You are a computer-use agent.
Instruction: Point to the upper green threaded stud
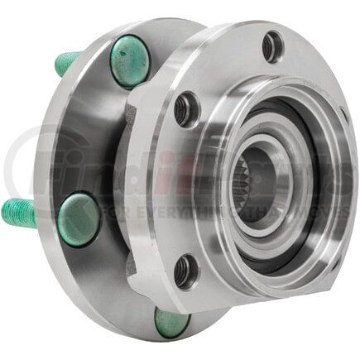click(x=68, y=60)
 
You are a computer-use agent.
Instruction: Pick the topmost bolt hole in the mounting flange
click(x=271, y=46)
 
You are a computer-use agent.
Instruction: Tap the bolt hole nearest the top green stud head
click(x=187, y=107)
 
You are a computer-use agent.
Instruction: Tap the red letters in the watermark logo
click(x=191, y=170)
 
